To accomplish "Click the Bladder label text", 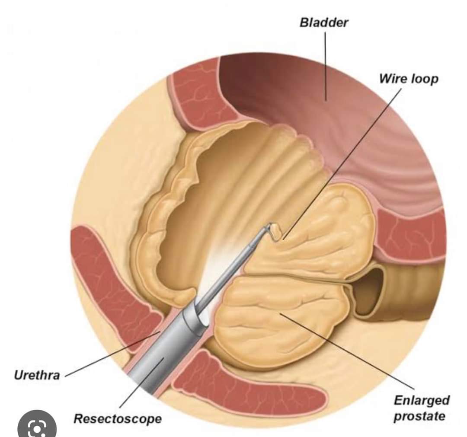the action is tap(323, 23).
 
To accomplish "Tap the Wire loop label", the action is tap(408, 79).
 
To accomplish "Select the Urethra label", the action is tap(37, 375).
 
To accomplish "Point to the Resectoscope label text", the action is tap(118, 418).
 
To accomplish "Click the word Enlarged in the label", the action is tap(422, 401).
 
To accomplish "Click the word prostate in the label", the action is tap(419, 416).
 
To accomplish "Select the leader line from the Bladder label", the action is tap(325, 65).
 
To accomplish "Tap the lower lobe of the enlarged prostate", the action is tap(277, 320).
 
